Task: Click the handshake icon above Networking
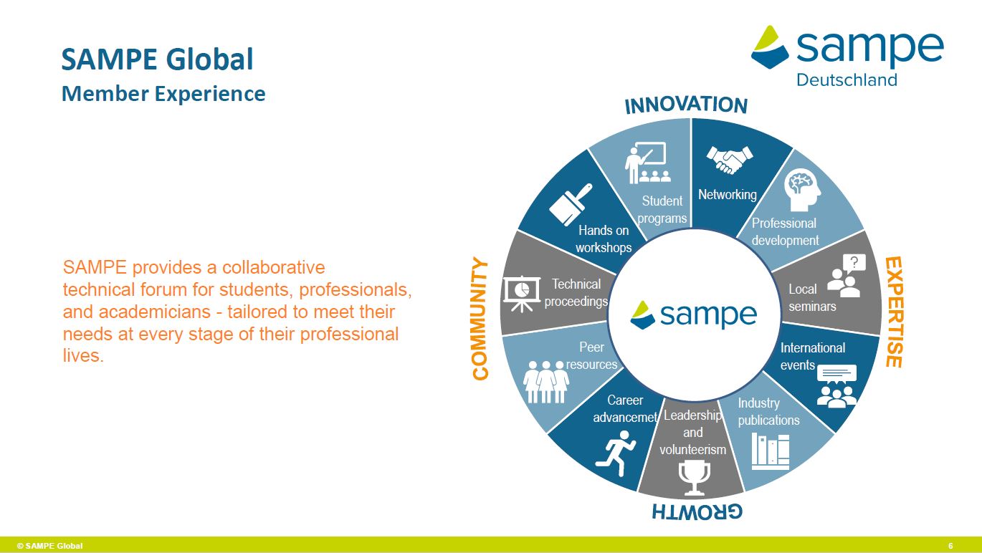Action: (729, 160)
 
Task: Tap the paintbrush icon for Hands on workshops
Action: (571, 204)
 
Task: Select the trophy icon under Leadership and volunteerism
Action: (694, 478)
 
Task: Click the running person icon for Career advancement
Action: (616, 453)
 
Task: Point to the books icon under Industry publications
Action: (771, 451)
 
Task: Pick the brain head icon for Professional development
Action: (802, 190)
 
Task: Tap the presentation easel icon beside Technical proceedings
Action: (522, 293)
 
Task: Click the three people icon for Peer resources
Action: (545, 382)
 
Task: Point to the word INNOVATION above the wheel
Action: (686, 105)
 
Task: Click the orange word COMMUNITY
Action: (480, 319)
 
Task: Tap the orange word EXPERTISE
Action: (894, 312)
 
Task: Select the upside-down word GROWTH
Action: (697, 511)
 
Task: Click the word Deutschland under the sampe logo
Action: (847, 80)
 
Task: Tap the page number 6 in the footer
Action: (950, 546)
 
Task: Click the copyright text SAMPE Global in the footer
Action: (49, 546)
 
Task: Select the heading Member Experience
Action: (163, 93)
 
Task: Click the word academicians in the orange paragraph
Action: (155, 312)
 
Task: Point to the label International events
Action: (812, 356)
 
